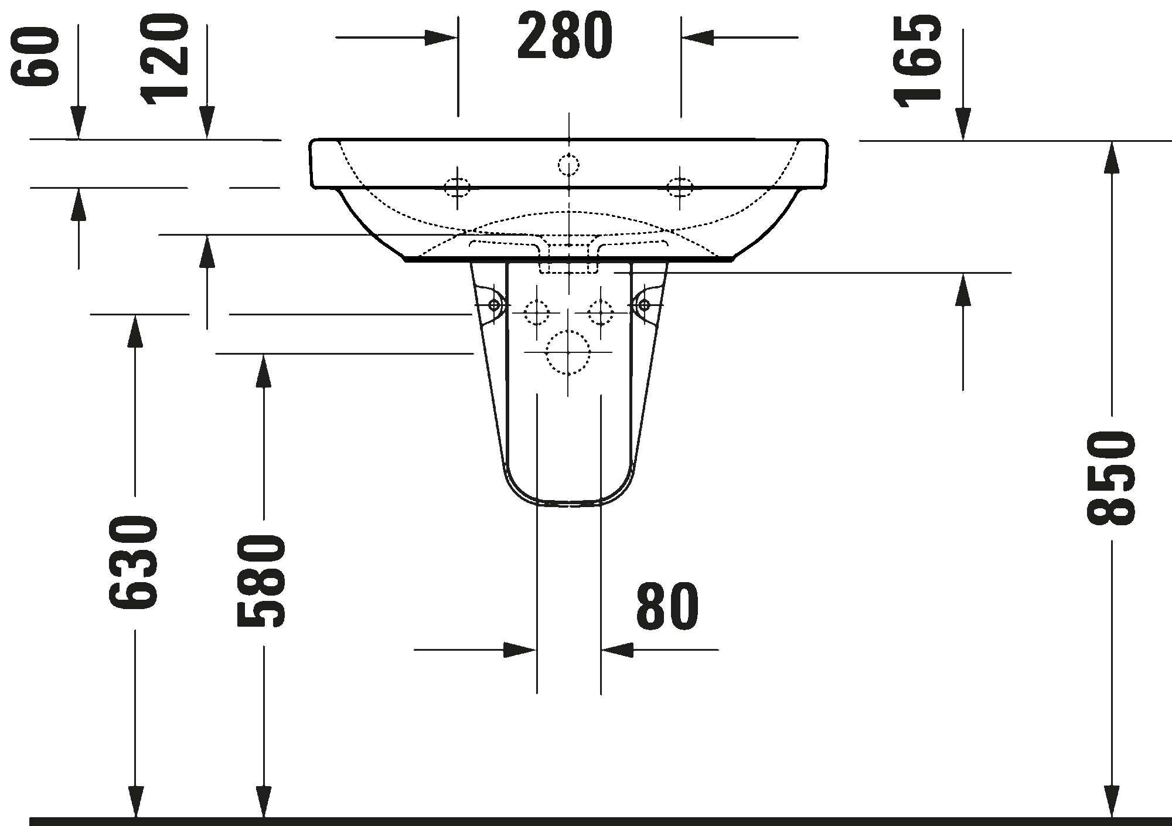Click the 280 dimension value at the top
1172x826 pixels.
565,37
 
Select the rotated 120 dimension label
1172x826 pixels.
165,59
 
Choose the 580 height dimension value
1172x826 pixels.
261,580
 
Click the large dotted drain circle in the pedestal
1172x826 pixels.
568,353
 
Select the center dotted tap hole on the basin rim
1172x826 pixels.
568,165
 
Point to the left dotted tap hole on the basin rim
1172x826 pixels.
458,188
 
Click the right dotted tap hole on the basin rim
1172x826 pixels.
680,188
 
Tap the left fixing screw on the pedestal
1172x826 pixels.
494,305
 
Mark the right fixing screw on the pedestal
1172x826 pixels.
644,305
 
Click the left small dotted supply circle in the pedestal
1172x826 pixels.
537,312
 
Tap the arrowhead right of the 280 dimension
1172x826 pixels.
698,38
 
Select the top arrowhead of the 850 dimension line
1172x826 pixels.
1111,158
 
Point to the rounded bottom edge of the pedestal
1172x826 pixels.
568,502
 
